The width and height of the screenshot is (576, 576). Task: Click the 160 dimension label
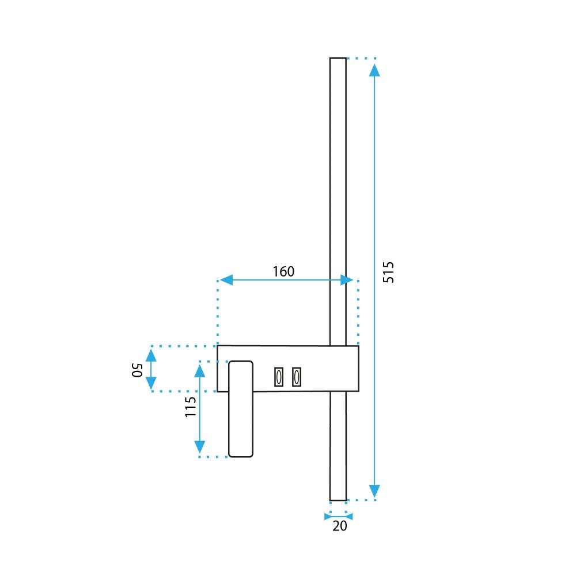283,271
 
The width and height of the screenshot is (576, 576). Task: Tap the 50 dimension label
137,369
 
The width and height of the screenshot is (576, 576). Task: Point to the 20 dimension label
339,525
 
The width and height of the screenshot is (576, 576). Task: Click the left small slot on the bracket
279,377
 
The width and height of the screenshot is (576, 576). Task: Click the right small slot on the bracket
297,377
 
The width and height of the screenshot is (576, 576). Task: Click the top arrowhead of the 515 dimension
374,70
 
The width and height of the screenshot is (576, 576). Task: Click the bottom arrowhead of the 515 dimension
374,491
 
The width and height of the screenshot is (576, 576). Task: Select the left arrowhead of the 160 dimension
226,280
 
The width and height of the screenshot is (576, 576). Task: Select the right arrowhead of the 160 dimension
347,280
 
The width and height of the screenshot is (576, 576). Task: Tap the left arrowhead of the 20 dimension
328,516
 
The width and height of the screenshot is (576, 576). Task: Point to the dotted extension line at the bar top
362,58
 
